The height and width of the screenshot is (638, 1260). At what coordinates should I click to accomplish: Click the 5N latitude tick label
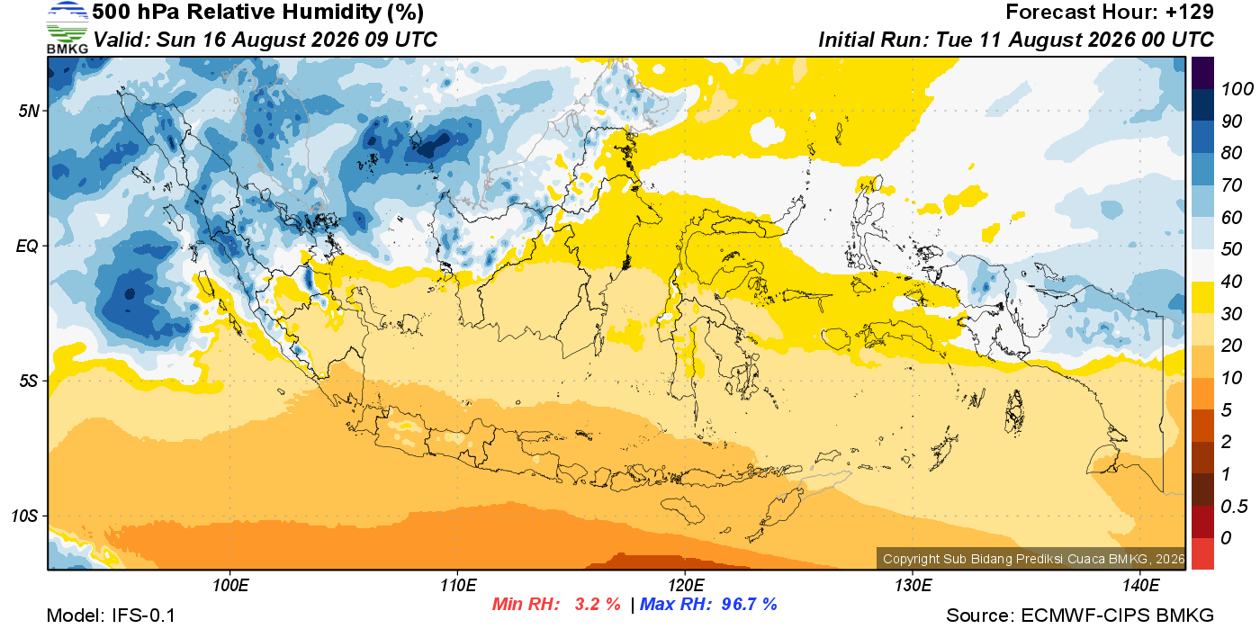(29, 111)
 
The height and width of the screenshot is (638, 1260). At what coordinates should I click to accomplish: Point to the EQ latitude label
(27, 246)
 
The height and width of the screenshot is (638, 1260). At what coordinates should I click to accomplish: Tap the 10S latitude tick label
(25, 516)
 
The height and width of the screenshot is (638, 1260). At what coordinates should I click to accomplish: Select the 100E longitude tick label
(230, 585)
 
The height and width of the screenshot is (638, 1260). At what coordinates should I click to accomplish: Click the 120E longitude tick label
(686, 585)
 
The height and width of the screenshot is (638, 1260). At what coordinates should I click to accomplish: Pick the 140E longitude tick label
(1141, 585)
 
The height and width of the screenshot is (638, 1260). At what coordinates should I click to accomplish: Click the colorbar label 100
(1237, 89)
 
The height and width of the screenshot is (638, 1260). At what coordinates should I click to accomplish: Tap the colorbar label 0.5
(1234, 507)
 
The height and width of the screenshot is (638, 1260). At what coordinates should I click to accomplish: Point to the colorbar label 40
(1231, 282)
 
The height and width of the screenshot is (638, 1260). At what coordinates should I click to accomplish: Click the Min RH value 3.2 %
(598, 604)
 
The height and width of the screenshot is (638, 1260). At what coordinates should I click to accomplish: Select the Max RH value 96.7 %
(749, 604)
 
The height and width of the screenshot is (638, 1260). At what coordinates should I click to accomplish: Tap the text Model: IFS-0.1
(111, 616)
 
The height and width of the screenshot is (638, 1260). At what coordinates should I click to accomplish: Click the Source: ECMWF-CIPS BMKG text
(1080, 616)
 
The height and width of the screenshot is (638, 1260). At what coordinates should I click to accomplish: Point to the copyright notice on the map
(1034, 559)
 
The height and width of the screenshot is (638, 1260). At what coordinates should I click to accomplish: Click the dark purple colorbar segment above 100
(1202, 73)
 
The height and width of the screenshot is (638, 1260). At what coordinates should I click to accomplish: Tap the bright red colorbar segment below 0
(1202, 553)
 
